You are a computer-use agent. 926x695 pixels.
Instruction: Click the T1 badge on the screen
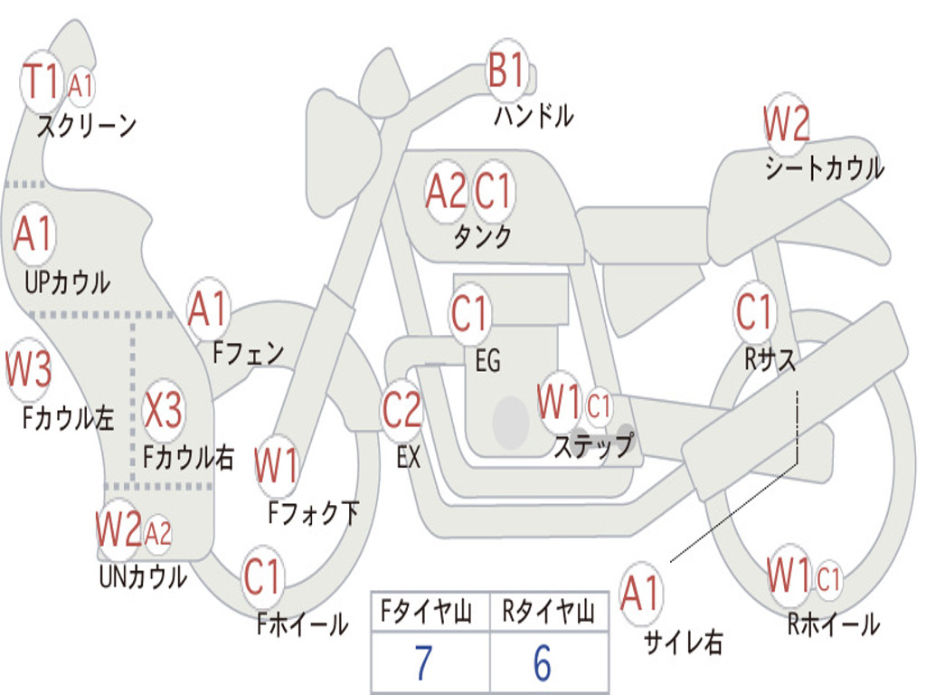pos(41,81)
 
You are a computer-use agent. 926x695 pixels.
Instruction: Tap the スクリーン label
pos(86,125)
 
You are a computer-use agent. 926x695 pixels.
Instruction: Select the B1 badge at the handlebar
pos(506,71)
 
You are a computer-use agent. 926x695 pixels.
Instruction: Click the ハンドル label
pos(534,115)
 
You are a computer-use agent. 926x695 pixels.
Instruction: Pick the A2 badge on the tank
pos(446,191)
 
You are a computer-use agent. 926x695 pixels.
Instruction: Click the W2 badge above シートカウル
pos(785,124)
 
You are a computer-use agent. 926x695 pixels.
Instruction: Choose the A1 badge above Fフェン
pos(208,309)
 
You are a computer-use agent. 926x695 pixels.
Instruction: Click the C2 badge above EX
pos(402,410)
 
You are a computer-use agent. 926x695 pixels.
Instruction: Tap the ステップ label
pos(593,445)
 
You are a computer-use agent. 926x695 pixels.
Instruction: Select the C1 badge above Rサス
pos(753,312)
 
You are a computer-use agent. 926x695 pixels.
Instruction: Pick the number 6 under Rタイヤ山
pos(543,663)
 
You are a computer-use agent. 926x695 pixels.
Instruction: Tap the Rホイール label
pos(833,624)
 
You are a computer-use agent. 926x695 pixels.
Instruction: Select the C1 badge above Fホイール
pos(263,576)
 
